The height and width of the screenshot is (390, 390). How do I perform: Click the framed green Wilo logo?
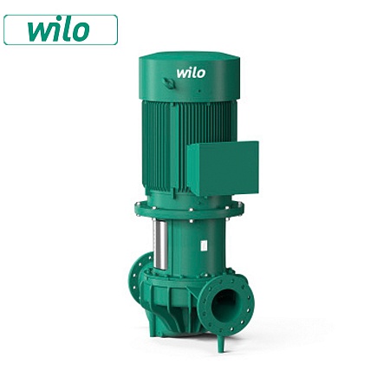click(60, 29)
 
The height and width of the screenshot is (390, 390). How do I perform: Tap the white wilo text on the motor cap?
click(191, 73)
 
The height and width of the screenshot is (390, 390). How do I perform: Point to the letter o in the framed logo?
click(80, 32)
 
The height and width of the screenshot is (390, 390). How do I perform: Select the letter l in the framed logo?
click(66, 29)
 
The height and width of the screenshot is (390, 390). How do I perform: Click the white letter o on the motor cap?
click(201, 74)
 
